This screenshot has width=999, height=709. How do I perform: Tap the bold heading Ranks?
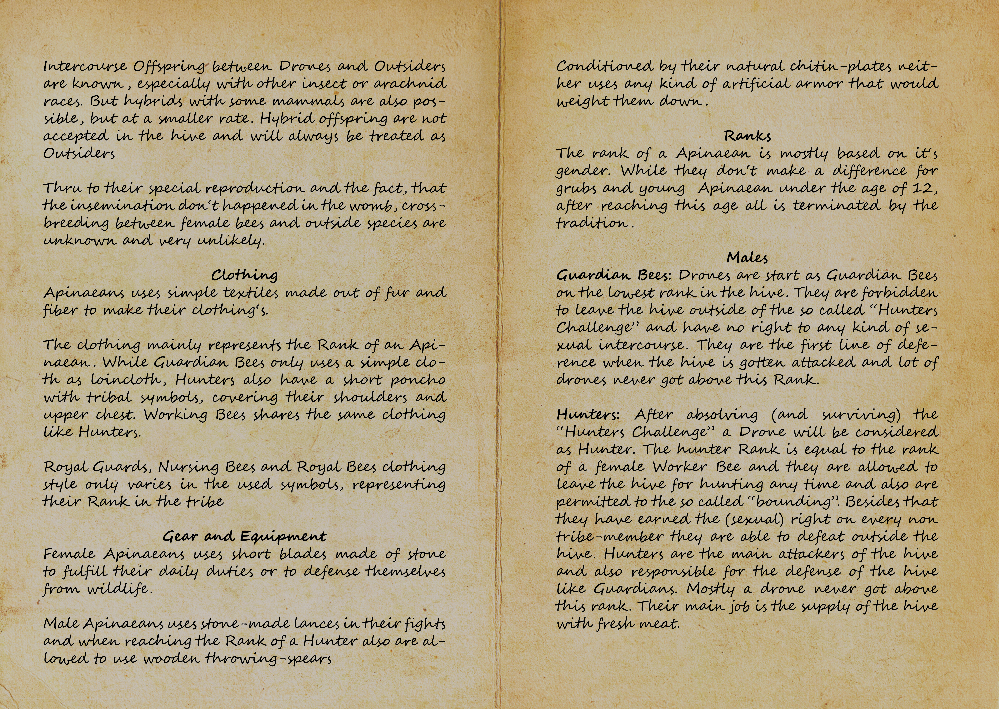(747, 136)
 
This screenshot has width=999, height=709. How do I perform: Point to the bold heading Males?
(747, 258)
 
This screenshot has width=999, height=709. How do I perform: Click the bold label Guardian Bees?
(615, 276)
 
